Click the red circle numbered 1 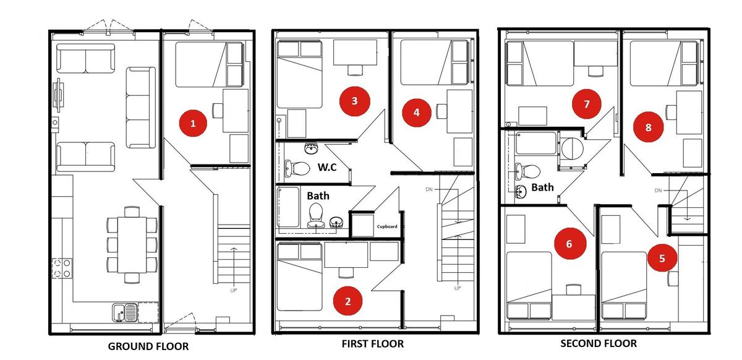[x=193, y=123]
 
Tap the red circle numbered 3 [x=354, y=101]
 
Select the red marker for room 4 [x=416, y=113]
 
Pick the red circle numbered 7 [x=587, y=104]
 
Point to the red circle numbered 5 [x=662, y=258]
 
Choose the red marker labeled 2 [x=348, y=301]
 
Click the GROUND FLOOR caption [x=148, y=346]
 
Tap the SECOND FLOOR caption [x=599, y=343]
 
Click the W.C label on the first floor [x=327, y=167]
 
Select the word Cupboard [x=387, y=227]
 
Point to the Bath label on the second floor [x=542, y=187]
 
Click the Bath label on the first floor [x=318, y=195]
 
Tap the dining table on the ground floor [x=132, y=244]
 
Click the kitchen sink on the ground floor [x=125, y=312]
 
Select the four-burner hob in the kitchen [x=62, y=268]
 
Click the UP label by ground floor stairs [x=234, y=290]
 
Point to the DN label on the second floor [x=658, y=191]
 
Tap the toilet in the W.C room [x=297, y=168]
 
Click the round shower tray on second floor [x=573, y=148]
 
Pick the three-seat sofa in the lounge [x=141, y=108]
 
